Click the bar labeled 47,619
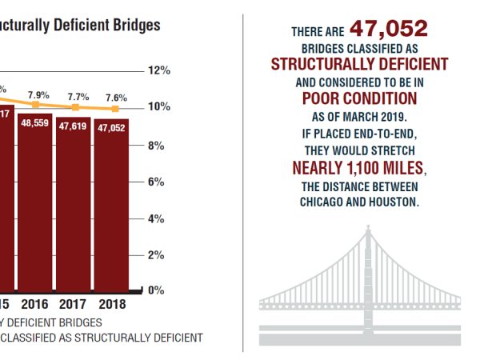[74, 200]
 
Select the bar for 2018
[112, 204]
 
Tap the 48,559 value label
[36, 125]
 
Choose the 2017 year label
[74, 304]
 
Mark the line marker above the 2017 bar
[75, 107]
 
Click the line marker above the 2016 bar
[35, 105]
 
